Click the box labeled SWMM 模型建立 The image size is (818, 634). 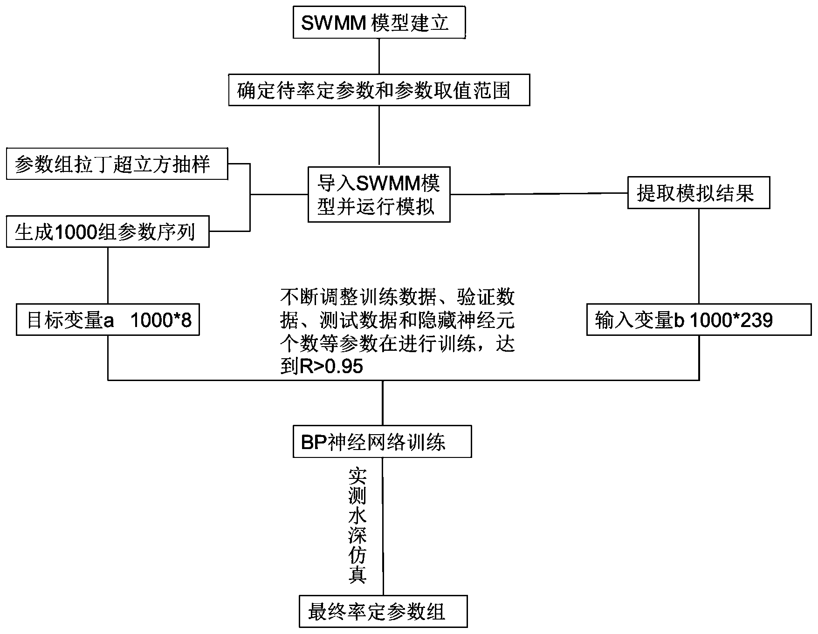coord(379,22)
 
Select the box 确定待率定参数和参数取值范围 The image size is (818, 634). coord(379,89)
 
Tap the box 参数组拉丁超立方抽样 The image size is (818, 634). coord(117,164)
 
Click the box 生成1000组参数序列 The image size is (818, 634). coord(107,232)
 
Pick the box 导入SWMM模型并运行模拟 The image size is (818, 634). coord(379,194)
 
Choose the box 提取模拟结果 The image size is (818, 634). coord(698,192)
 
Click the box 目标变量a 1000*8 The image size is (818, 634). coord(108,320)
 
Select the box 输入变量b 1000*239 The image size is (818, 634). coord(698,320)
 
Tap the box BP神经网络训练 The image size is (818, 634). coord(382,441)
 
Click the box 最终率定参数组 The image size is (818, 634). coord(383,611)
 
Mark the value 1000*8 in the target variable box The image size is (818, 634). coord(161,320)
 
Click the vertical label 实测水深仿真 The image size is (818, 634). coord(358,525)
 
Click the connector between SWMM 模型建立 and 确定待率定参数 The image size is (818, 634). coord(379,56)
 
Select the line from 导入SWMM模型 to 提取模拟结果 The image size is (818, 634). coord(538,194)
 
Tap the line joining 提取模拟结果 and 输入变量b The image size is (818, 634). coord(698,256)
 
